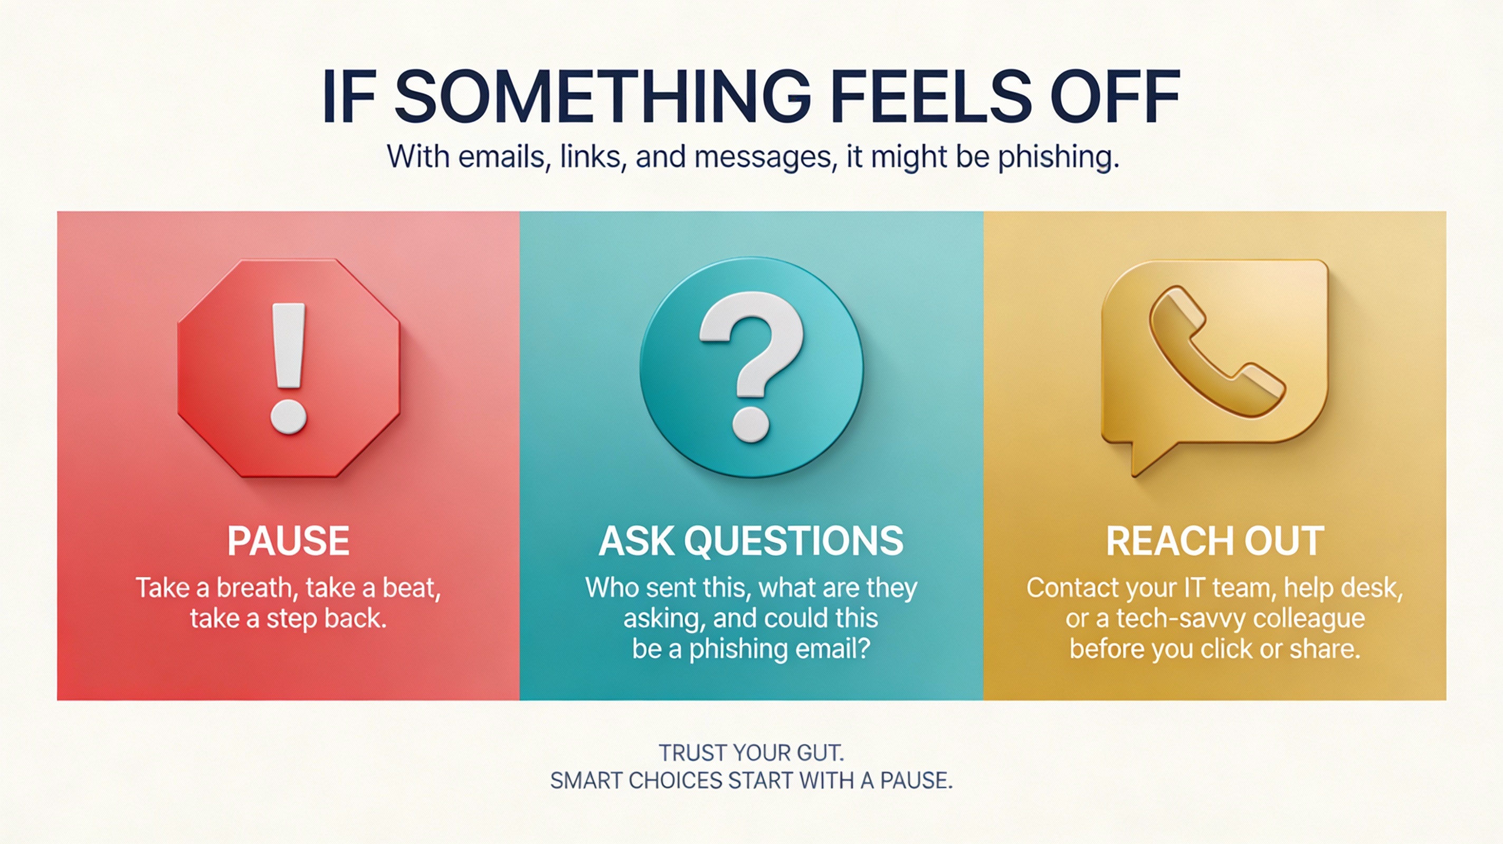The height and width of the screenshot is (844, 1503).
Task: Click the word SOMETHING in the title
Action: (603, 95)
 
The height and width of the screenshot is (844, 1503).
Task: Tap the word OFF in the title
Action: (1116, 95)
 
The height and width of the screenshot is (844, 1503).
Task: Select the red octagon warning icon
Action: (289, 368)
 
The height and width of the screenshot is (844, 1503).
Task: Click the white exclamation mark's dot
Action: (288, 416)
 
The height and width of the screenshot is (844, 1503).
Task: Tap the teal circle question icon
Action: (751, 368)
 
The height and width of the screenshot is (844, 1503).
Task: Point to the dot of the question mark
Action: (751, 424)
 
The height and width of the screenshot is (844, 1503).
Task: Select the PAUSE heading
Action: (288, 541)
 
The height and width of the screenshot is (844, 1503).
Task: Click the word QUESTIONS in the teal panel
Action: (794, 541)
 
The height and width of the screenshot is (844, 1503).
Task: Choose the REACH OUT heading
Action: (1215, 541)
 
